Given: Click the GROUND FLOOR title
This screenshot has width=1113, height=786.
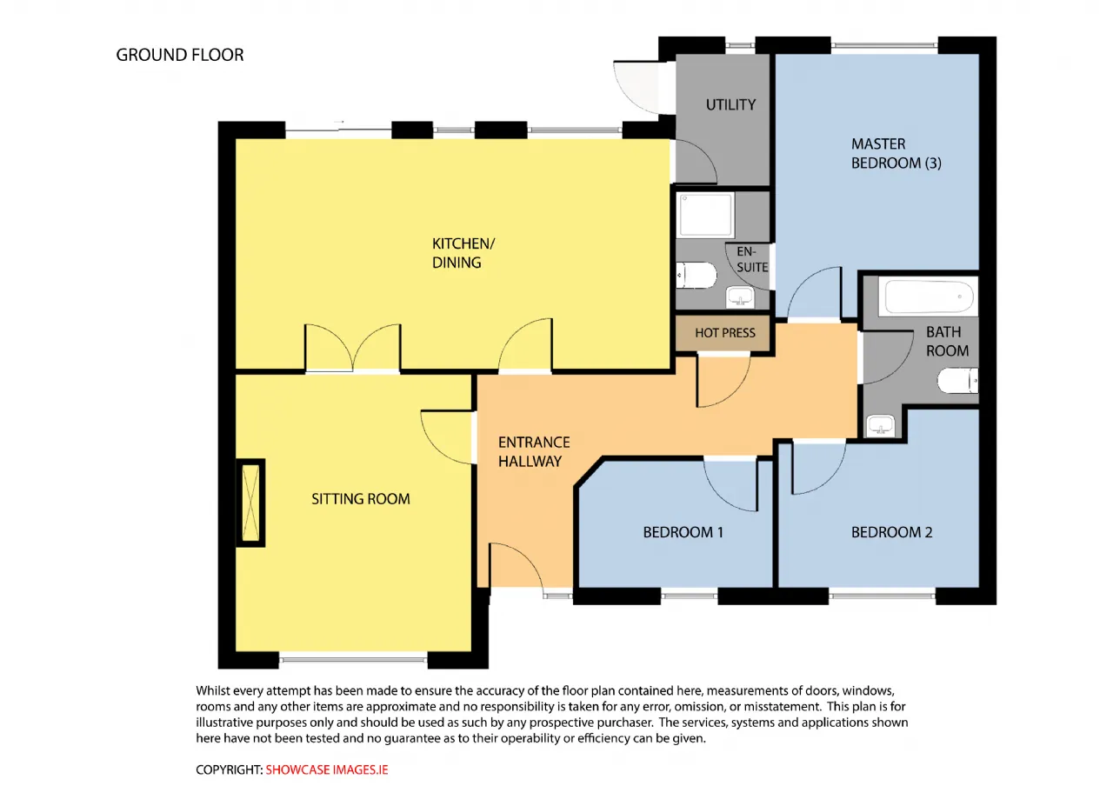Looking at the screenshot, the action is (180, 55).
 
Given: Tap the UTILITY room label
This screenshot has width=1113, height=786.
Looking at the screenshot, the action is (730, 105).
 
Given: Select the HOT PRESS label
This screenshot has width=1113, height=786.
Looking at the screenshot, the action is (725, 333).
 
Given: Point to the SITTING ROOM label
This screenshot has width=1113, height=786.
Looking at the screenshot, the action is (361, 499).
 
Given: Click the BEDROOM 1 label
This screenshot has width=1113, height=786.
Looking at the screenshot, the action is (683, 533).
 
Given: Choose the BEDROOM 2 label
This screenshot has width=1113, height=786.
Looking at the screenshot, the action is (892, 533).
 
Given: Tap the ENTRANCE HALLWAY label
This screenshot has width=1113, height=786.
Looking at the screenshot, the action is (534, 451).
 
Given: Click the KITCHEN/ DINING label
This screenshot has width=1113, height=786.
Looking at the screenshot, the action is (463, 253).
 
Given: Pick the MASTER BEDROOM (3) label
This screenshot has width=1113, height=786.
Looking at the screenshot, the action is (896, 154).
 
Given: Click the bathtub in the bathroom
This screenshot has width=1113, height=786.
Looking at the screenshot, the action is (928, 296).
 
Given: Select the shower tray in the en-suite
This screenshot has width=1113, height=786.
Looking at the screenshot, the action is (705, 215).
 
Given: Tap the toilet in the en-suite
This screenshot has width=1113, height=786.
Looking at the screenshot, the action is (696, 276).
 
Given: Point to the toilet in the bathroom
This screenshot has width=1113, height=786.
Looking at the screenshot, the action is (957, 381).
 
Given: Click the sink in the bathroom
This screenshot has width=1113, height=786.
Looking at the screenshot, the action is (881, 426).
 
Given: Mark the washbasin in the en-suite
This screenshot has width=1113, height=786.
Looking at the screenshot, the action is (740, 297).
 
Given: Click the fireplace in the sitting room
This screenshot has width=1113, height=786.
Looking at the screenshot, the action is (250, 503).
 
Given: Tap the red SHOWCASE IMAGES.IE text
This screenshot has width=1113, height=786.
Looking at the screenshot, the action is (327, 769).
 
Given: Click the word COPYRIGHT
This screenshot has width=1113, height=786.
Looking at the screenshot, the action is (229, 769).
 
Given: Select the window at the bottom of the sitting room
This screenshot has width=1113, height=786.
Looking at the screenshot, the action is (353, 660).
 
